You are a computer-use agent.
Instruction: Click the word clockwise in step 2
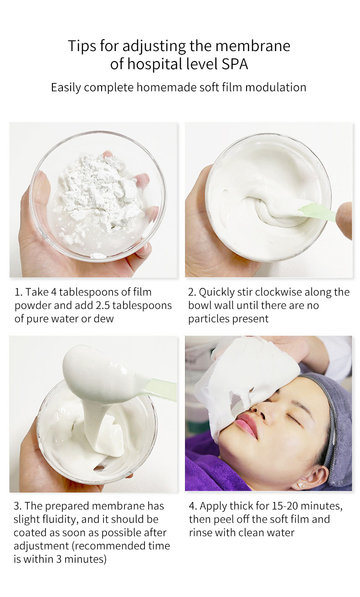click(278, 292)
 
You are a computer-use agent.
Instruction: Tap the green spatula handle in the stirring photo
click(319, 212)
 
